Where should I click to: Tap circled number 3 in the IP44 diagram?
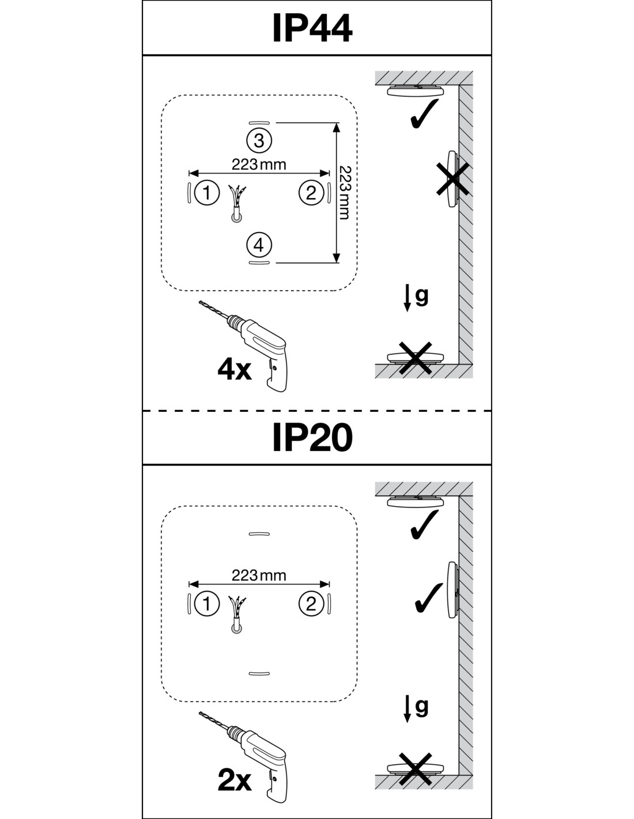259,140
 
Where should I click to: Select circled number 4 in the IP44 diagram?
259,245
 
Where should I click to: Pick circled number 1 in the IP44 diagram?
207,192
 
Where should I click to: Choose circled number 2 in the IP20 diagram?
311,604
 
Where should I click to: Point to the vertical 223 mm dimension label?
345,192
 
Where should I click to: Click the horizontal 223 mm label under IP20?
259,575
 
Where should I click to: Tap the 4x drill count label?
234,370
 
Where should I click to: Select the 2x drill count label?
234,780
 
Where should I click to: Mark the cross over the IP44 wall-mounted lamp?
451,179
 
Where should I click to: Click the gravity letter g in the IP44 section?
422,296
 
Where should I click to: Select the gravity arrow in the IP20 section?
407,709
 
